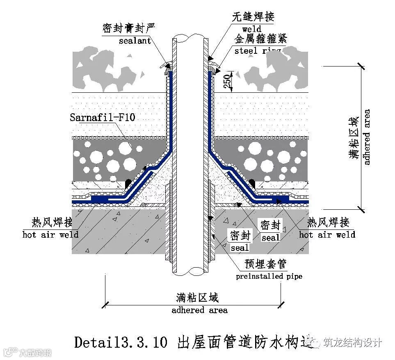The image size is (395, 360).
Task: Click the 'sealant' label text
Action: (135, 40)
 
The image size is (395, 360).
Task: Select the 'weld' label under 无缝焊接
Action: (251, 29)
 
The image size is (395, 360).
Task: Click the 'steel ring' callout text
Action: (258, 51)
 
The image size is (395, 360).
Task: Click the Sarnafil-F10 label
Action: (102, 118)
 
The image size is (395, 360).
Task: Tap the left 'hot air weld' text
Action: (50, 235)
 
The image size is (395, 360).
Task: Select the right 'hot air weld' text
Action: (327, 235)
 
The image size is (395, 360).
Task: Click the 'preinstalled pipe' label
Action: (269, 276)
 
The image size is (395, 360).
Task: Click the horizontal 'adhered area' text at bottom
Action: (199, 310)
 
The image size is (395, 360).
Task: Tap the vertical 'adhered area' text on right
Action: (367, 137)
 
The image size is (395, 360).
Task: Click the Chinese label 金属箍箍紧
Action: (260, 39)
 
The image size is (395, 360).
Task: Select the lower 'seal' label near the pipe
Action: (240, 248)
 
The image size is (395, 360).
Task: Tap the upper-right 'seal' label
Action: (270, 238)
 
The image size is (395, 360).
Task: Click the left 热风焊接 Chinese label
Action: (52, 222)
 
